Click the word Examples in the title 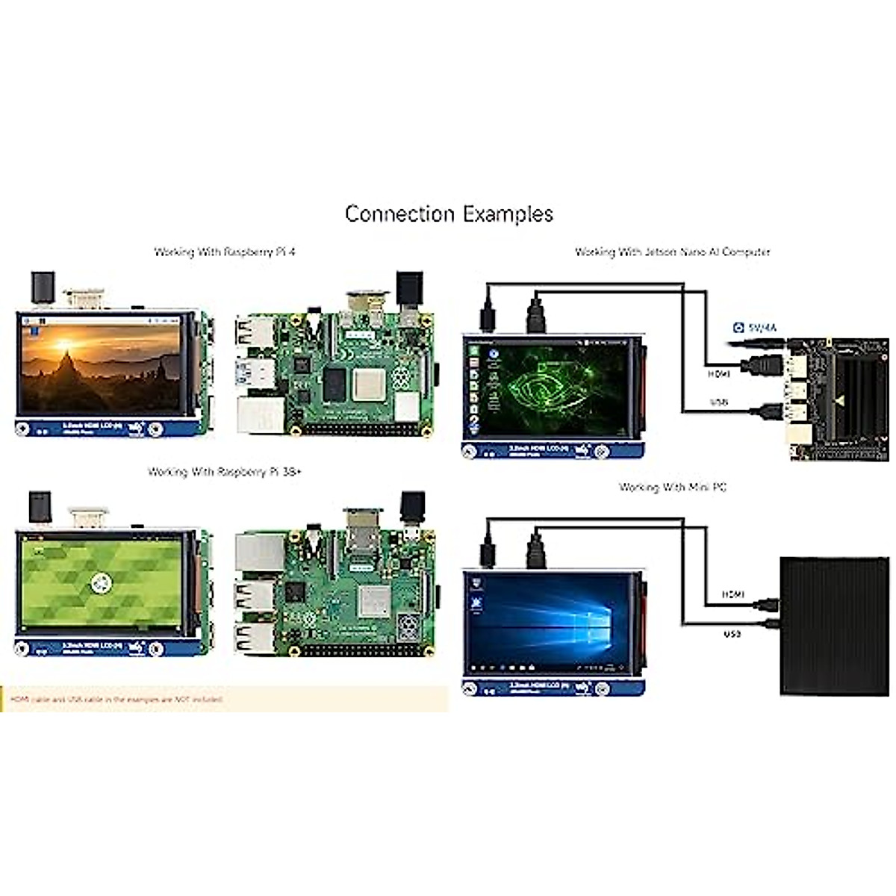click(508, 214)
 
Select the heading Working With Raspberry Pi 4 click(224, 252)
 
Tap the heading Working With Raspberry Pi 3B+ click(224, 472)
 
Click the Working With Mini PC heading click(672, 488)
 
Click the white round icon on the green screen click(99, 584)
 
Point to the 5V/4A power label click(756, 328)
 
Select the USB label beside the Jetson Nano click(718, 402)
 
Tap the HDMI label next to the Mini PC click(732, 594)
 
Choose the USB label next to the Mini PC click(732, 634)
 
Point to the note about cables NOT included click(116, 700)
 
